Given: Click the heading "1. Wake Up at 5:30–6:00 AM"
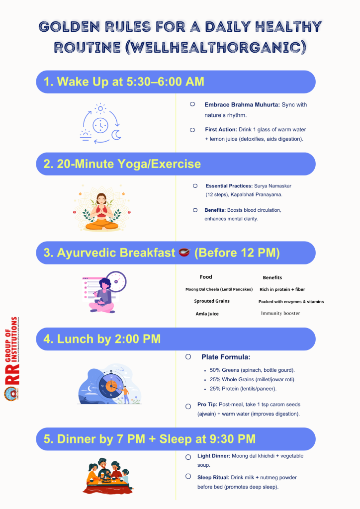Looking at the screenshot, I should [124, 82].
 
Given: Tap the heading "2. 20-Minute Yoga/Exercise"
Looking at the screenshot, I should [122, 164].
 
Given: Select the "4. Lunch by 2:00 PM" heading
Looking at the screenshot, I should [102, 339].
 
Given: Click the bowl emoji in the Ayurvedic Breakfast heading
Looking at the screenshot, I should [184, 253].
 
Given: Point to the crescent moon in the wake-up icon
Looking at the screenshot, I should [116, 134].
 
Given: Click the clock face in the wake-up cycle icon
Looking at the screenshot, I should [100, 126].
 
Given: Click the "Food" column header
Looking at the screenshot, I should [206, 277].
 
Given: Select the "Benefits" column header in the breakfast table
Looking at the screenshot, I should [272, 277].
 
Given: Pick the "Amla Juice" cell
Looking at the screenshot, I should [207, 314].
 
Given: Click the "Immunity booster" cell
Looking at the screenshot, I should [280, 313].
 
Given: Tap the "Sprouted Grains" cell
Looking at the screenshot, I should [212, 301].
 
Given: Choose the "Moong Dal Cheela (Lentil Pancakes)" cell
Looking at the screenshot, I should [219, 289].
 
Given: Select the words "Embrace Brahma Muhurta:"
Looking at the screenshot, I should [242, 105].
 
